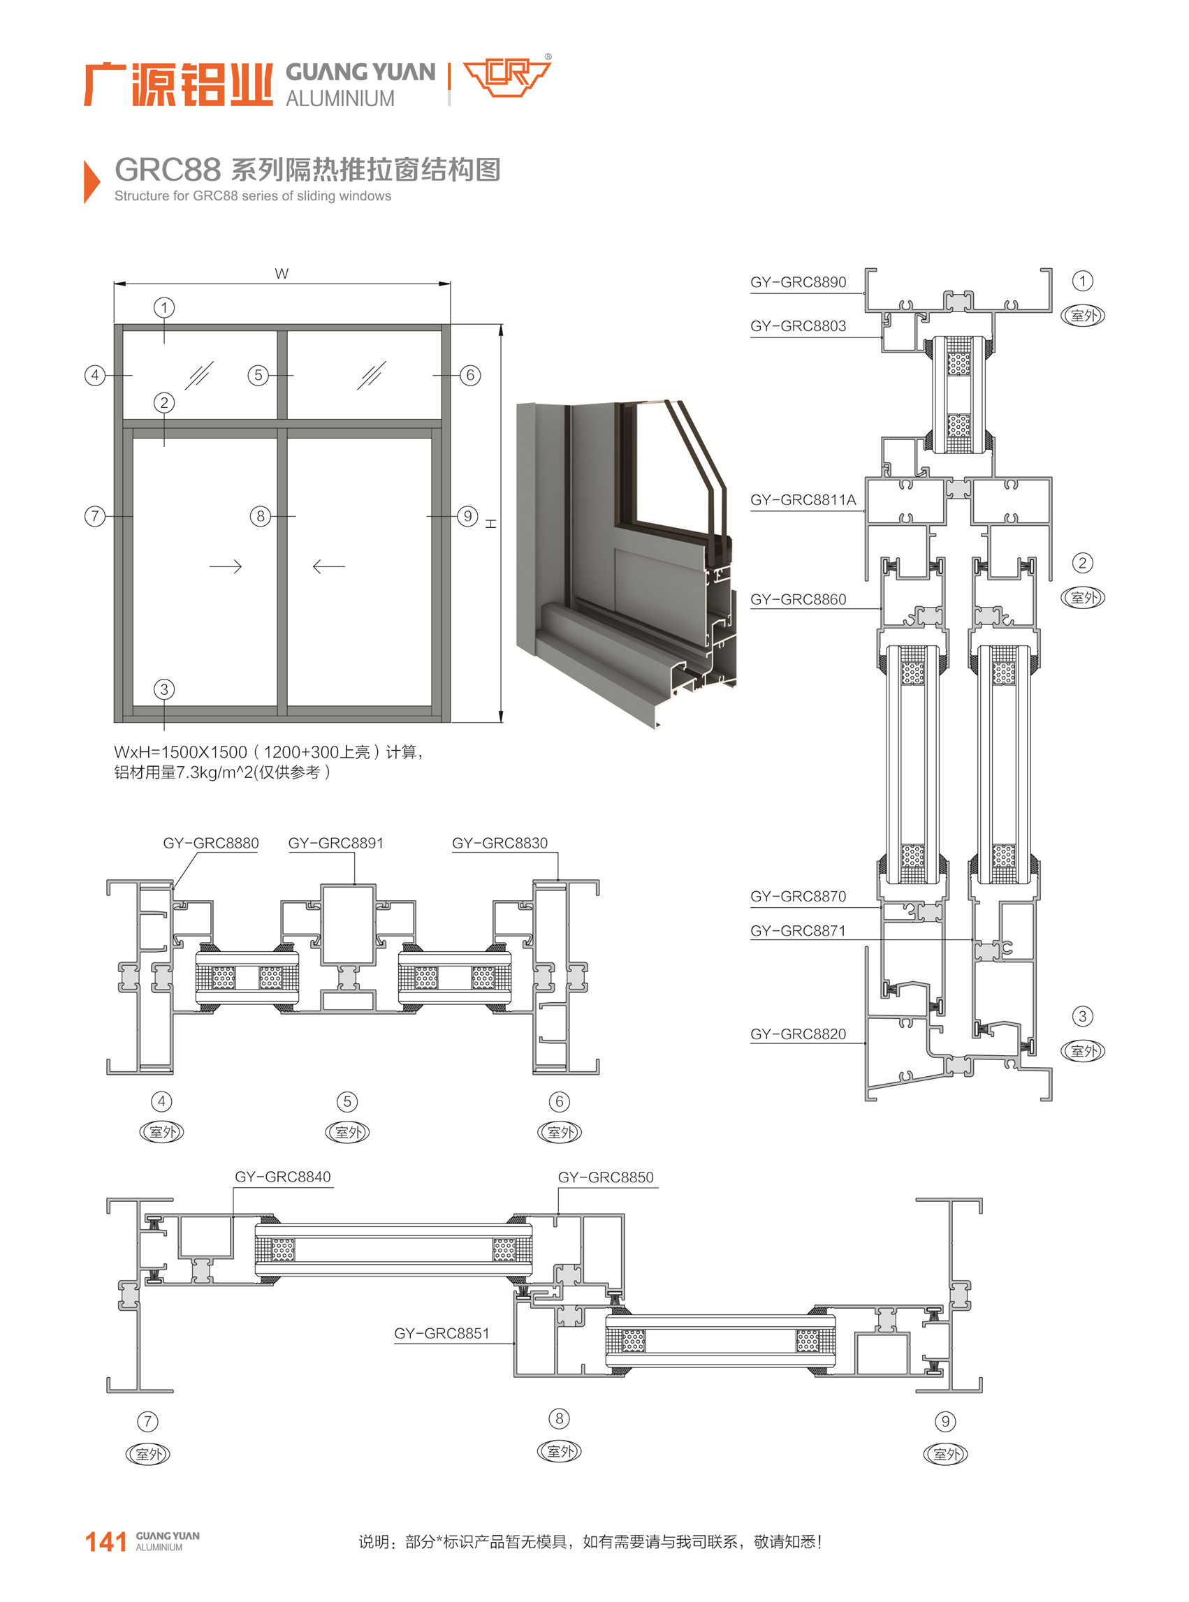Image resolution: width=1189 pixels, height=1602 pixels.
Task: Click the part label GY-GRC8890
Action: click(x=798, y=282)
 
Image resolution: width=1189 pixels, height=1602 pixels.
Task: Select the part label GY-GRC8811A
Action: click(x=803, y=500)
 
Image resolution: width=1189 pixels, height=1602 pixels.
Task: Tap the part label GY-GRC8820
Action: click(x=798, y=1034)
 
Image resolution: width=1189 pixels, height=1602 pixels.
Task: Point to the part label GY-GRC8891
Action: click(x=336, y=842)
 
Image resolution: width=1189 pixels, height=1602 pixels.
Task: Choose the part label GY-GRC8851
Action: click(x=442, y=1333)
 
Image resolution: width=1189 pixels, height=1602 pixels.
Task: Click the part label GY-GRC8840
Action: click(x=283, y=1176)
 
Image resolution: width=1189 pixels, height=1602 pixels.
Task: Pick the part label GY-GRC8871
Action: click(x=798, y=930)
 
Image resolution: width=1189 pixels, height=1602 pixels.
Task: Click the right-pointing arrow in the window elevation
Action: click(x=225, y=567)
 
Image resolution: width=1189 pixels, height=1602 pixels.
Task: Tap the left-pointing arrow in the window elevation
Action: click(x=329, y=567)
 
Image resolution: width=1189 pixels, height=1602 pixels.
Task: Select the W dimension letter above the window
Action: click(x=282, y=273)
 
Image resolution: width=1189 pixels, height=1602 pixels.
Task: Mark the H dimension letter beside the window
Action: click(x=491, y=524)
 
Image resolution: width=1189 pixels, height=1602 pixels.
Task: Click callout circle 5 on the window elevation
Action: click(x=258, y=375)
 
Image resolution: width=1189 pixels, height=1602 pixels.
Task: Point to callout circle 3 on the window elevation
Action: click(x=164, y=689)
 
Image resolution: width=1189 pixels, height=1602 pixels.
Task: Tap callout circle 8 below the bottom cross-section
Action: click(x=560, y=1418)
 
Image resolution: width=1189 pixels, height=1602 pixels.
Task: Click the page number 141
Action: click(x=105, y=1541)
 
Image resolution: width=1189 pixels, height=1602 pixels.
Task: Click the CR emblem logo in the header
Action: click(x=506, y=75)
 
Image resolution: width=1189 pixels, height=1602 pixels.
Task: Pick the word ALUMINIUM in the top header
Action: click(x=340, y=98)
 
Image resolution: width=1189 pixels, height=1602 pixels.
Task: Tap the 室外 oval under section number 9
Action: click(x=945, y=1454)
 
